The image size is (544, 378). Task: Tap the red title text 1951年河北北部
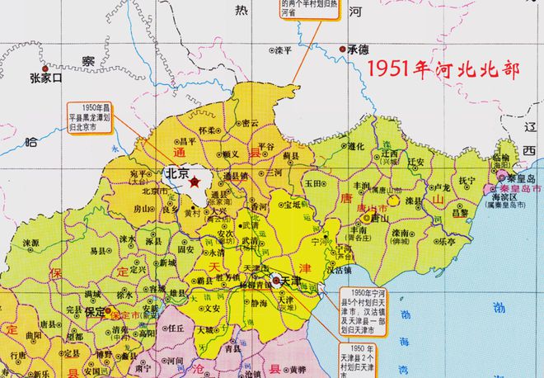pos(443,70)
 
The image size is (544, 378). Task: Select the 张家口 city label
pos(45,79)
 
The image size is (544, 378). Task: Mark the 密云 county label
pos(249,123)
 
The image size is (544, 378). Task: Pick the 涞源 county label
pos(31,243)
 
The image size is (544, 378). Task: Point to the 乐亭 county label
pos(448,242)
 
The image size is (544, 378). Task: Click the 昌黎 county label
pos(460,212)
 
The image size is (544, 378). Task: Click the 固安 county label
pos(186,248)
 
